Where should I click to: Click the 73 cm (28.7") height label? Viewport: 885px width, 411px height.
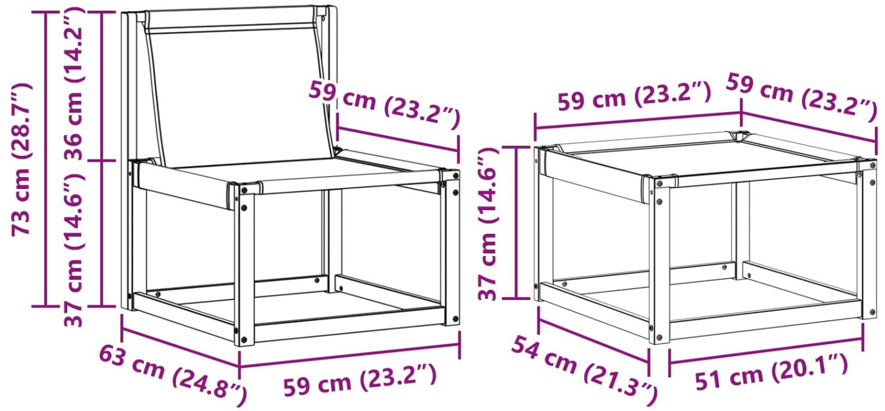pos(21,159)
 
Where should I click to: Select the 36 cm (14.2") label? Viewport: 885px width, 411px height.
pos(74,83)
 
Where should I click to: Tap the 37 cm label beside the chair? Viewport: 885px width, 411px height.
pos(74,250)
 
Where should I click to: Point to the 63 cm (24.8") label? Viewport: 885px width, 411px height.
pos(173,375)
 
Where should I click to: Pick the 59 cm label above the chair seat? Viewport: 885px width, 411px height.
pos(385,105)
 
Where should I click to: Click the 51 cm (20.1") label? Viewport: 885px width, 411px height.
pos(771,373)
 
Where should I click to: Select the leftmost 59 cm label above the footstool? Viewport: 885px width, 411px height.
pos(634,96)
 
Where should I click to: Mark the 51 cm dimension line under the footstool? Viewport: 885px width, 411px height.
pos(766,351)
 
